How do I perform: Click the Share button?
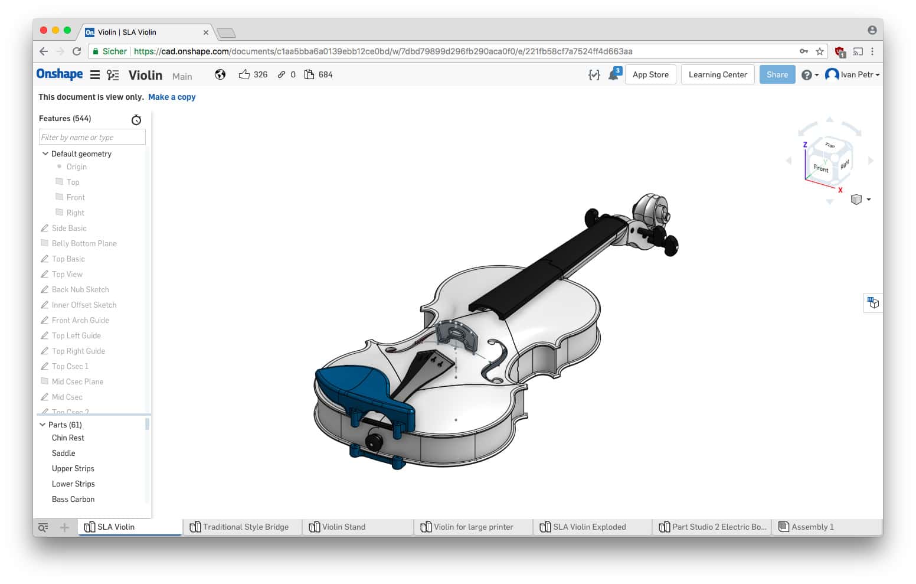[x=777, y=74]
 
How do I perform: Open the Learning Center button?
[x=717, y=74]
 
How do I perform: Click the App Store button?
[x=650, y=74]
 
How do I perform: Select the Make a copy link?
[x=172, y=97]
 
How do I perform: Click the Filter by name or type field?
[x=92, y=137]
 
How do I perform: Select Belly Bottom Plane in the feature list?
[x=84, y=243]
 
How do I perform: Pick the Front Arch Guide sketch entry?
[x=80, y=320]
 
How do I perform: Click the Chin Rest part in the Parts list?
[x=68, y=438]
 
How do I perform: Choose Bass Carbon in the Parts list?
[x=73, y=499]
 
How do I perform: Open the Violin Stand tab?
[x=343, y=527]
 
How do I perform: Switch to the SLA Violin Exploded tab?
[x=589, y=527]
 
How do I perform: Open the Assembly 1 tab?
[x=812, y=527]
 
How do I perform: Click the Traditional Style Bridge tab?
[x=246, y=527]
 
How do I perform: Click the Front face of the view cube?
[x=820, y=168]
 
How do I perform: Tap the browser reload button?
[x=77, y=51]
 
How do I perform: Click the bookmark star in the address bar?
[x=820, y=51]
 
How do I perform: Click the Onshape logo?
[x=60, y=74]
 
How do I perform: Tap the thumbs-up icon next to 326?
[x=244, y=74]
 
